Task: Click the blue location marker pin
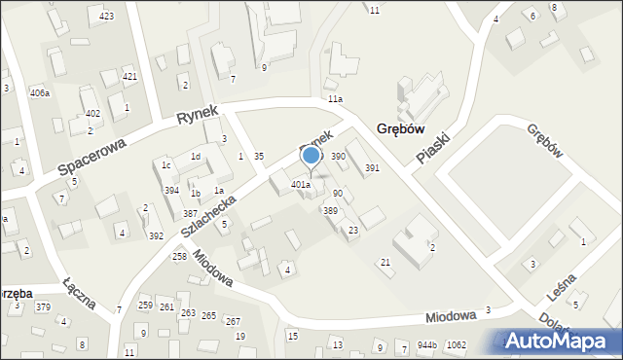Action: point(311,157)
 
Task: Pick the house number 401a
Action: point(301,185)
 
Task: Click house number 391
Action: point(372,168)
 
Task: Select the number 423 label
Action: point(106,17)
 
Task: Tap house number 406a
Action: point(40,93)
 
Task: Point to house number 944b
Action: point(427,345)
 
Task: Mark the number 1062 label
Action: point(456,345)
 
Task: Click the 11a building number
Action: point(335,99)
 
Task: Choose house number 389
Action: point(331,211)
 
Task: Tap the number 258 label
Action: point(179,256)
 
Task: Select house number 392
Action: point(156,236)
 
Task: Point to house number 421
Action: point(129,76)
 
